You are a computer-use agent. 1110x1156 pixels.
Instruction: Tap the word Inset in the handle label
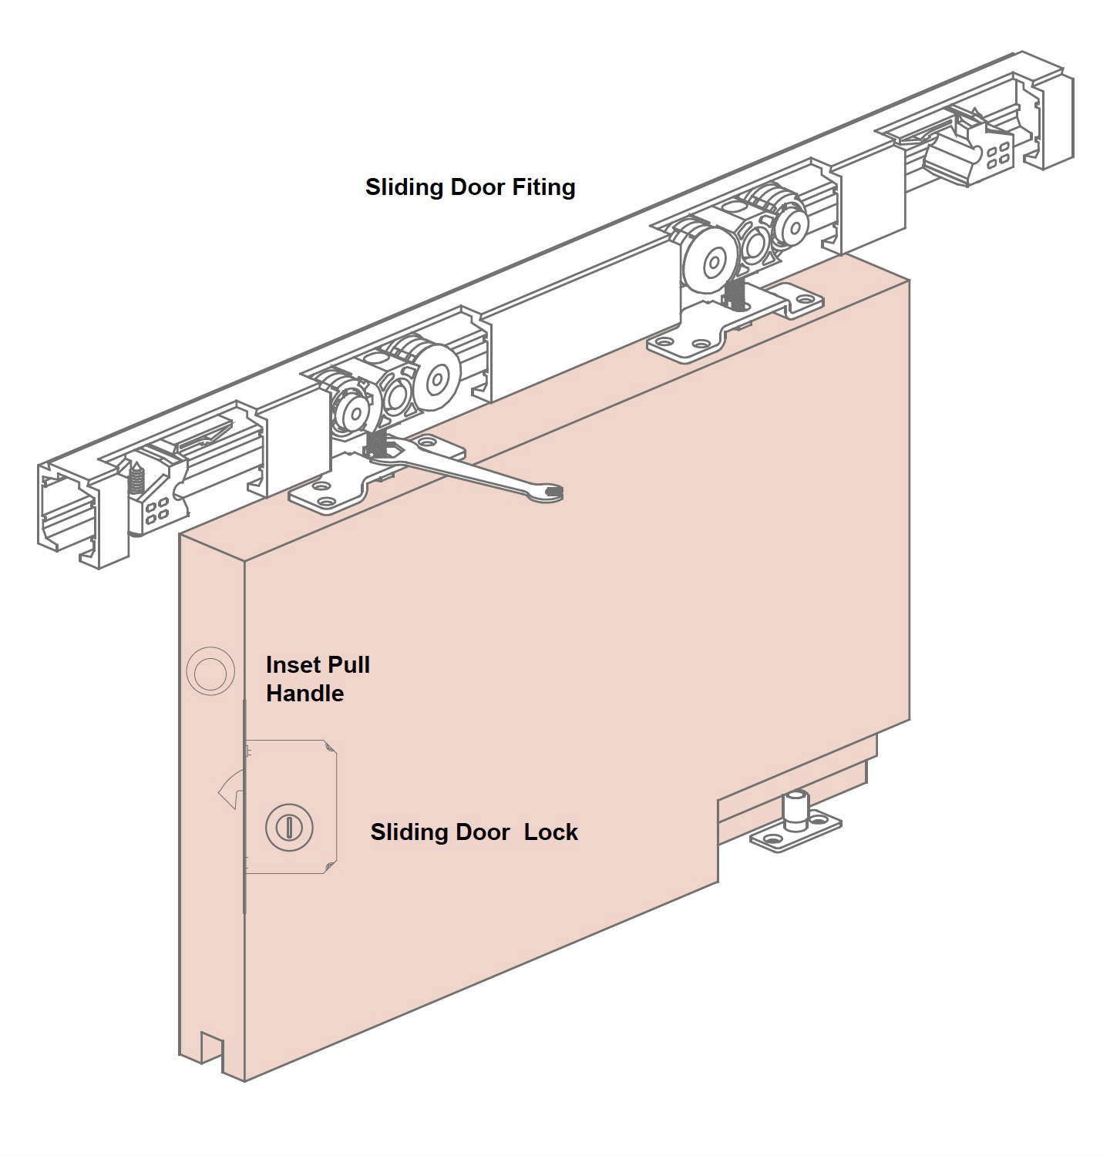point(292,665)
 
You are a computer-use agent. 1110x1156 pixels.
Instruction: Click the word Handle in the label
point(304,694)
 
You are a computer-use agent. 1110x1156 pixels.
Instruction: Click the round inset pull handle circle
point(210,673)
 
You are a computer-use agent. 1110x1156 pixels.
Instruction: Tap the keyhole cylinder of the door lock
point(289,827)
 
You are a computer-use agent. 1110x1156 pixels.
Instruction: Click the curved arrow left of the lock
point(229,791)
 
